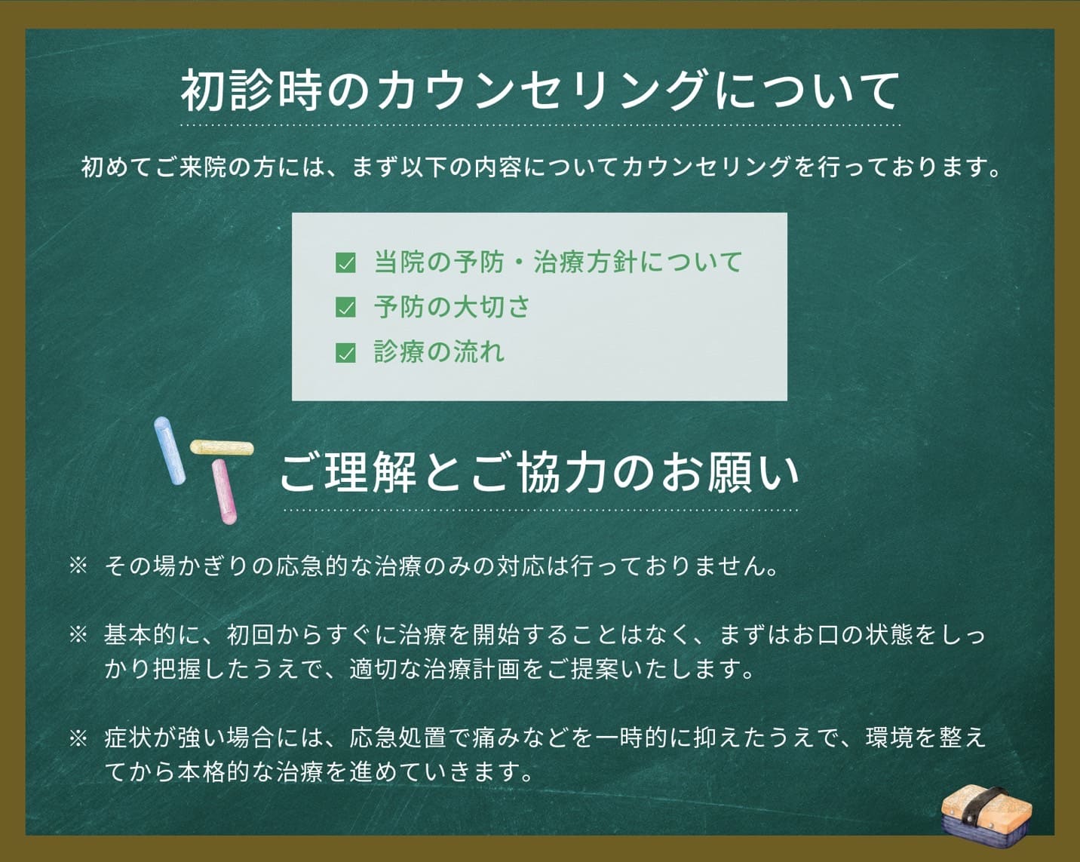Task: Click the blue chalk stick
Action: (169, 450)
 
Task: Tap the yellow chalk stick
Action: (221, 447)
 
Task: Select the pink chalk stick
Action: (224, 492)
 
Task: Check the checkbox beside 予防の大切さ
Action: (345, 308)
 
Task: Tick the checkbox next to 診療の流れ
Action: (345, 352)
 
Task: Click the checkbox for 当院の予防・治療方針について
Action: (345, 263)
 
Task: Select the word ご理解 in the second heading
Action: (347, 473)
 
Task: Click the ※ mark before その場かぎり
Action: (78, 566)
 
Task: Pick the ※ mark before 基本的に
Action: (78, 634)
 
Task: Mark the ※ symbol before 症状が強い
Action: (78, 738)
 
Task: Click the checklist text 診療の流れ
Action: (439, 352)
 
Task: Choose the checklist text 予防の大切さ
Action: (452, 308)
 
